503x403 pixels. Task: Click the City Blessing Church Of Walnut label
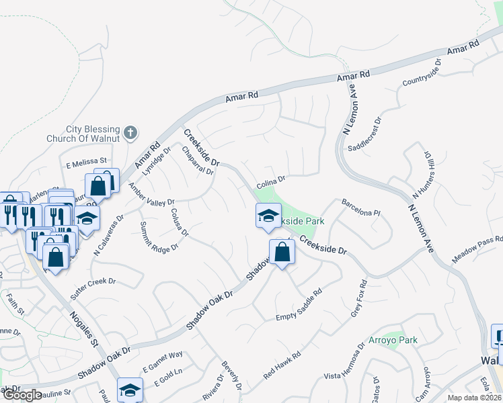pos(92,134)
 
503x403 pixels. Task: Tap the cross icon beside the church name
pos(131,133)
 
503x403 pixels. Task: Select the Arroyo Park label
pos(393,340)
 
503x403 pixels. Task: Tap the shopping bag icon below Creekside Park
pos(283,253)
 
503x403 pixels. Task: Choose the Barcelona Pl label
pos(361,207)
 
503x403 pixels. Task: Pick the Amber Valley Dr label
pos(151,195)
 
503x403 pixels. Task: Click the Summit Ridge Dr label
pos(159,236)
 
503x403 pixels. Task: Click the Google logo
pos(22,394)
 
